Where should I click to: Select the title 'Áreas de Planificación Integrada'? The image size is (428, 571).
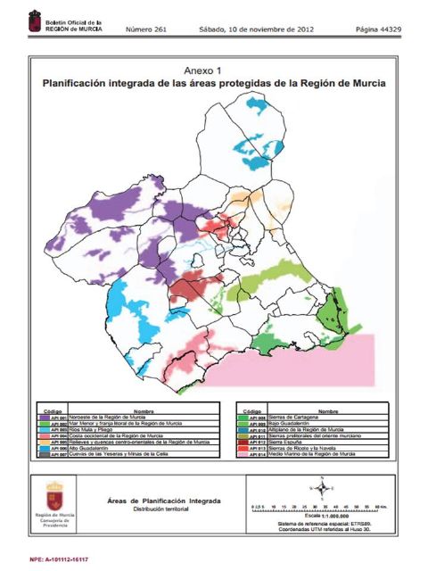pyautogui.click(x=157, y=502)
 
